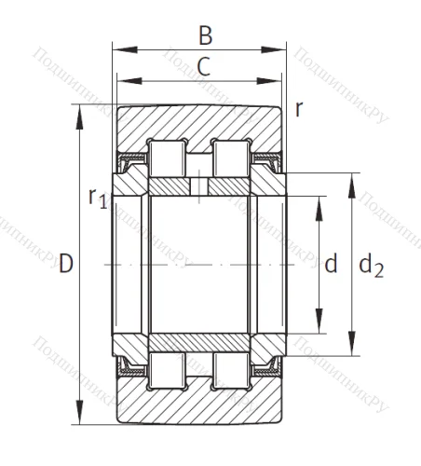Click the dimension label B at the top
(x=206, y=35)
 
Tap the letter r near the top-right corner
(x=298, y=108)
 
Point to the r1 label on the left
(x=97, y=197)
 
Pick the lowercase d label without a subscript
(x=330, y=265)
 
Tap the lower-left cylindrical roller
(x=167, y=370)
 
